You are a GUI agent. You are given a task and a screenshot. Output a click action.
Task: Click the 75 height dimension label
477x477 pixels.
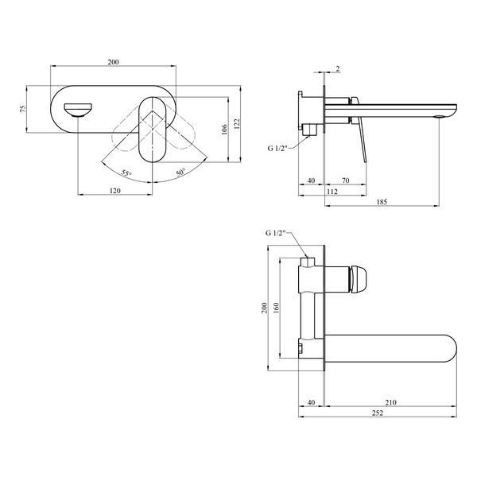(x=23, y=109)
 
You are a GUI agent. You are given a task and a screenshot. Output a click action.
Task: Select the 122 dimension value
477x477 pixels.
(x=237, y=124)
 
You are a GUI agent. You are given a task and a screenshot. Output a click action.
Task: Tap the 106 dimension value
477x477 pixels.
(x=224, y=130)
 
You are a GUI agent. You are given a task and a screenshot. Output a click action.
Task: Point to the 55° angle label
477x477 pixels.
(x=126, y=173)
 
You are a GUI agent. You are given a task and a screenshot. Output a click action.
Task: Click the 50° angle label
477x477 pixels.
(x=180, y=173)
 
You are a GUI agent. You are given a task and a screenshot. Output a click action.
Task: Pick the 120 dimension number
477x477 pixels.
(x=114, y=191)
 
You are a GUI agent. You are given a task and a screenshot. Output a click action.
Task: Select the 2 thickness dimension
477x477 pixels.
(x=338, y=68)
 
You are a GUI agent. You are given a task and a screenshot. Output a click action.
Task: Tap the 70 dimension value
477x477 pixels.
(x=346, y=180)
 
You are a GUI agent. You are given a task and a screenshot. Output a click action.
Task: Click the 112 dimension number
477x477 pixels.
(x=332, y=192)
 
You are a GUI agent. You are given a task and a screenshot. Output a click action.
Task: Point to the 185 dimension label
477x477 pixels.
(x=382, y=202)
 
